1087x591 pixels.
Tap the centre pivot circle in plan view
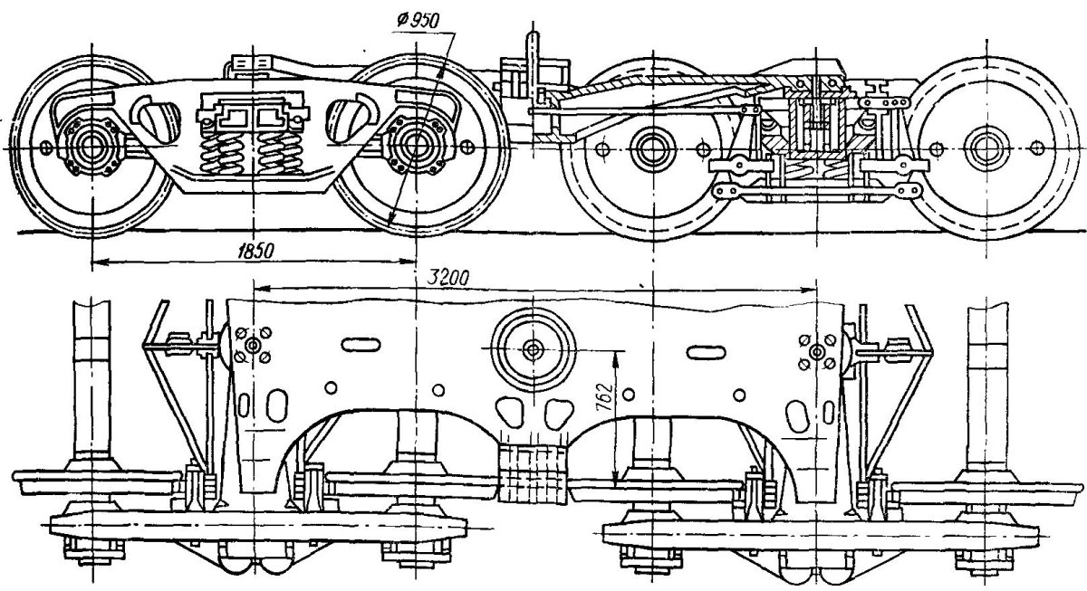(533, 348)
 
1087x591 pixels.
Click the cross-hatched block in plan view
(532, 473)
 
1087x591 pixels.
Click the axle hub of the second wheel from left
(416, 146)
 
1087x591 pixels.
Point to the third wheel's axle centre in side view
(651, 147)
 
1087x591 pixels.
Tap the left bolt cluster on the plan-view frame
(253, 346)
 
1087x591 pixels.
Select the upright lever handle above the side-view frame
(532, 59)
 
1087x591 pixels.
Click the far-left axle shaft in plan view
(94, 380)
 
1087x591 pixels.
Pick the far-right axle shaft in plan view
(987, 380)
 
